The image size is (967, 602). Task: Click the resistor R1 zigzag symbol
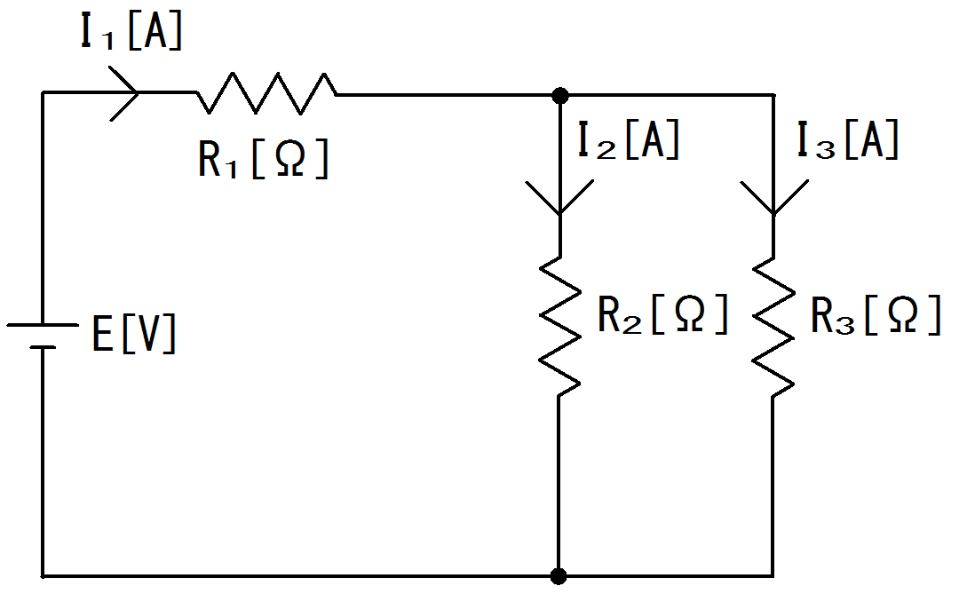(x=266, y=93)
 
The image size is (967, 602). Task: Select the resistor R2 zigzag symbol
(x=559, y=325)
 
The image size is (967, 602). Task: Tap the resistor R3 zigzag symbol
(x=773, y=325)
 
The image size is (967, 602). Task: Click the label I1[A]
(x=131, y=32)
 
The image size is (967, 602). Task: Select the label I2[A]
(x=629, y=141)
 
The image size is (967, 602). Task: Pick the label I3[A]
(x=847, y=141)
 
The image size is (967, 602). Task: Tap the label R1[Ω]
(x=263, y=160)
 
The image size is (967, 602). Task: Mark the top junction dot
(x=559, y=94)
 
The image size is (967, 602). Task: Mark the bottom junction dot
(x=559, y=576)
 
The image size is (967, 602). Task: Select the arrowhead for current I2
(x=559, y=199)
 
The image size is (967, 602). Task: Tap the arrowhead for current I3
(x=773, y=199)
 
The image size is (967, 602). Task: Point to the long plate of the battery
(x=43, y=325)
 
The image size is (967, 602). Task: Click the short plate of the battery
(x=43, y=347)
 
